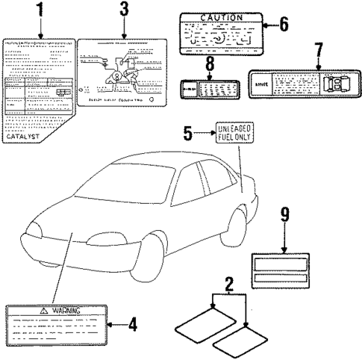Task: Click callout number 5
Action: [189, 135]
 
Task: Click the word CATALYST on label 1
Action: [24, 137]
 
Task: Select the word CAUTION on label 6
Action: [222, 17]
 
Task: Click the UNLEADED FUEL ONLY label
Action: [235, 133]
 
